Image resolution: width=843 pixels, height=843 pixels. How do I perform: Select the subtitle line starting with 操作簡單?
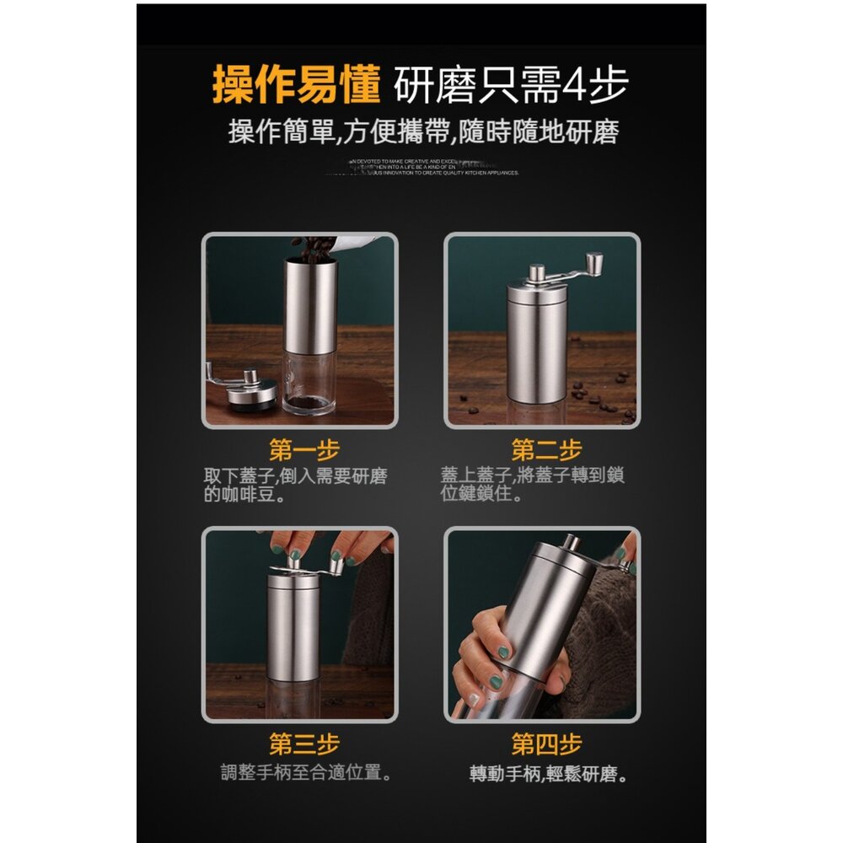click(x=423, y=132)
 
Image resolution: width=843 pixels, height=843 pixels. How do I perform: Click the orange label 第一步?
click(x=303, y=449)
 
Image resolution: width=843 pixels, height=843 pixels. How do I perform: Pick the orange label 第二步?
click(x=545, y=449)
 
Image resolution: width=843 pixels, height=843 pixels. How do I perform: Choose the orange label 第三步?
click(x=303, y=744)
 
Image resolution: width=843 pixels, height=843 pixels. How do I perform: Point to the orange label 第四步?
click(x=545, y=744)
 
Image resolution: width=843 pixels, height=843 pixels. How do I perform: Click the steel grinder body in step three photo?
click(x=293, y=628)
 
